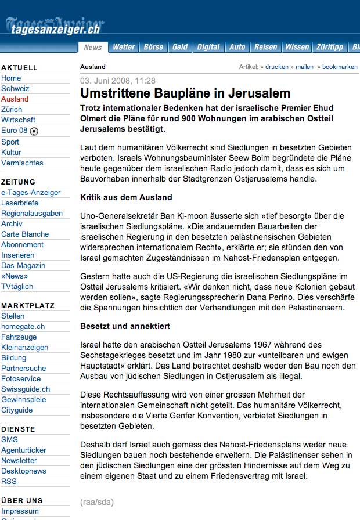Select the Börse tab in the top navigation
[153, 47]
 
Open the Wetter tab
[124, 47]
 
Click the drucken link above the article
[277, 67]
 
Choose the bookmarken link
[340, 67]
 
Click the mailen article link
[304, 67]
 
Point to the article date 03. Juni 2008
[118, 81]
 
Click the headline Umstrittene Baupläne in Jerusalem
[185, 93]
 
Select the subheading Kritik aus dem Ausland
[126, 197]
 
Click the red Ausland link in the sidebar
[15, 99]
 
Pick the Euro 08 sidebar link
[15, 131]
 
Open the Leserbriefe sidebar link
[20, 203]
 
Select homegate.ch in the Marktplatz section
[23, 327]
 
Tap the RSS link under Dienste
[9, 481]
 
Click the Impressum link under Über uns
[20, 511]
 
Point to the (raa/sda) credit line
[97, 501]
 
